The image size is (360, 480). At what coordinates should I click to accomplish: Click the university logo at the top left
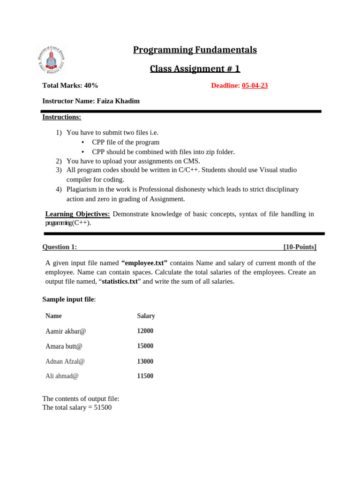point(51,60)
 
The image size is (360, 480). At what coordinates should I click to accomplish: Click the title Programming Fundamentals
point(195,50)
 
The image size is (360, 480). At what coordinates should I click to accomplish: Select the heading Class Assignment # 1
point(195,69)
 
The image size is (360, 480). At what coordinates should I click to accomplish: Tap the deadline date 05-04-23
point(255,85)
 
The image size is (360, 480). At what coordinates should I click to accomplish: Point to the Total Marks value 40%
point(91,85)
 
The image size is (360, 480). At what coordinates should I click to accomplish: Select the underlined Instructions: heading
point(61,117)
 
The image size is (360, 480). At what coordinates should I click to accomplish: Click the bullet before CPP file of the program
point(82,142)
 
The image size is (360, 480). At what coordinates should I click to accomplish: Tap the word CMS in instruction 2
point(191,161)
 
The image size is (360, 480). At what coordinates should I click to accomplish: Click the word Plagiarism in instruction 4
point(82,189)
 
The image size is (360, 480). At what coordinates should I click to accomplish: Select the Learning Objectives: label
point(77,214)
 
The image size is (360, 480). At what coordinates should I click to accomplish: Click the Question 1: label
point(60,247)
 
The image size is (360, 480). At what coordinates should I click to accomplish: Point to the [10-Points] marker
point(300,247)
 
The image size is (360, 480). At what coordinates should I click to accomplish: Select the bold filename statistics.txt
point(120,281)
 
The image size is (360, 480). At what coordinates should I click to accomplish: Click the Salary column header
point(146,316)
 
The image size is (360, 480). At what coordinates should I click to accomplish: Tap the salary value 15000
point(145,346)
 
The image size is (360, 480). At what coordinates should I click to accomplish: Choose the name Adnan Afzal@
point(65,361)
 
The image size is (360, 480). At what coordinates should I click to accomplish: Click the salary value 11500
point(145,376)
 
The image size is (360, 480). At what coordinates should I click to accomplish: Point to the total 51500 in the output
point(103,407)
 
